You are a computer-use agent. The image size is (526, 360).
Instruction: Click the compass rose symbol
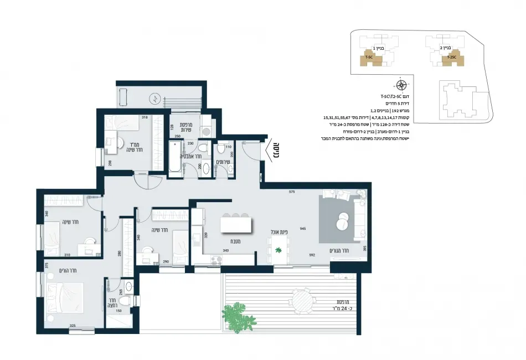point(401,85)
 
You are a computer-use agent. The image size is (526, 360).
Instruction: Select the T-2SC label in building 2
point(452,57)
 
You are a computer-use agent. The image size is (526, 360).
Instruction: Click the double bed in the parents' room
point(65,300)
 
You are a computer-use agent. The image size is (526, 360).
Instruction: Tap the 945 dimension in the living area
point(303,228)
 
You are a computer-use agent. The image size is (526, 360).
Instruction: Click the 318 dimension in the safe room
point(145,117)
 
